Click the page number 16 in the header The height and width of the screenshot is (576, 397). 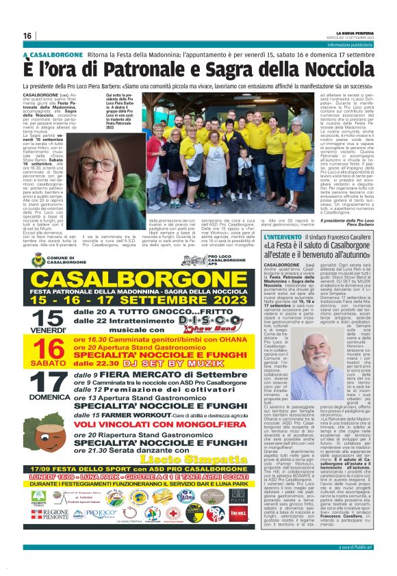pyautogui.click(x=27, y=36)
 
